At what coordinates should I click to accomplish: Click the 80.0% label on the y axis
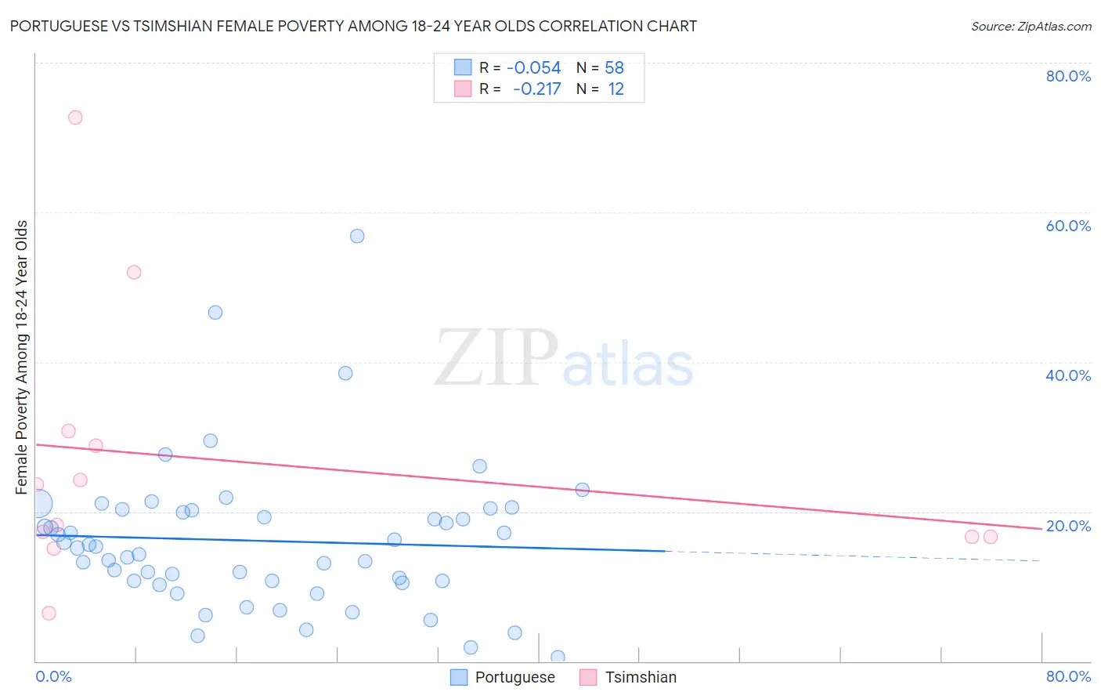pos(1068,76)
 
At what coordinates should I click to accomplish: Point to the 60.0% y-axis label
pos(1068,226)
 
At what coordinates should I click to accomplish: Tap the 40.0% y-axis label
pos(1068,375)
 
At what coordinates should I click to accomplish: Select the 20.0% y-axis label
pos(1068,526)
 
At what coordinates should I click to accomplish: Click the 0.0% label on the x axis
pos(53,676)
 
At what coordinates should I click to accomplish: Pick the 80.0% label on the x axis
pos(1068,676)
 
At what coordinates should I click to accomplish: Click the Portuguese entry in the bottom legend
pos(514,677)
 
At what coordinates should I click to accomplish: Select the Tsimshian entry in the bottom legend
pos(641,677)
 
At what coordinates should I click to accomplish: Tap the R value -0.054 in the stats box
pos(534,68)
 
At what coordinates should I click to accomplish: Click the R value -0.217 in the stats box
pos(537,89)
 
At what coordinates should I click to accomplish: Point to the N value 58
pos(614,68)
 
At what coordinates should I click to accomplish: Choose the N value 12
pos(615,89)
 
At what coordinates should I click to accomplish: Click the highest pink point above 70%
pos(75,118)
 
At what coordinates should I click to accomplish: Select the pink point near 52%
pos(134,273)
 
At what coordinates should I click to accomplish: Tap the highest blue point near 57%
pos(357,236)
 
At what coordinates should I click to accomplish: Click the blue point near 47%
pos(215,313)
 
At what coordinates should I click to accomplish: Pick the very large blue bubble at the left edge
pos(38,504)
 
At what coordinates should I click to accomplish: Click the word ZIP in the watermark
pos(496,357)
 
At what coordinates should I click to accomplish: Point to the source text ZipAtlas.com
pos(1031,27)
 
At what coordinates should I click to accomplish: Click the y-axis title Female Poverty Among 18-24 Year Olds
pos(22,357)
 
